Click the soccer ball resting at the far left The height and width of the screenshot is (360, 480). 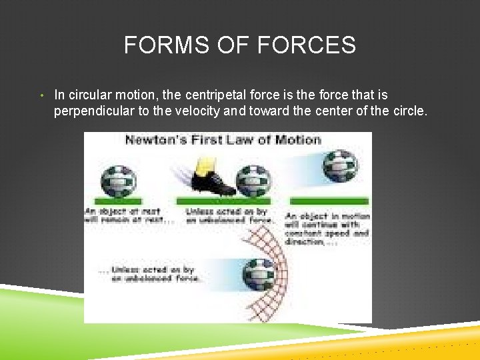(118, 180)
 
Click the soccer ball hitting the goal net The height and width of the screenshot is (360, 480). (259, 273)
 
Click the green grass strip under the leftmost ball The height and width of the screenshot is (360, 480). (118, 201)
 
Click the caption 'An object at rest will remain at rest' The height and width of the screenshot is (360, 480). (129, 216)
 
